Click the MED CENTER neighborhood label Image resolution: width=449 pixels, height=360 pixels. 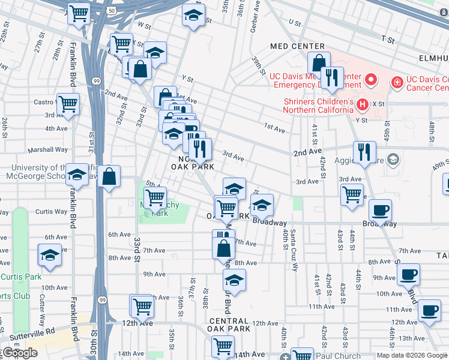coord(297,46)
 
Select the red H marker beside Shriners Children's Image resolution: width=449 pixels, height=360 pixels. coord(362,105)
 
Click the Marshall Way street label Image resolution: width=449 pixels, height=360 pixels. coord(52,150)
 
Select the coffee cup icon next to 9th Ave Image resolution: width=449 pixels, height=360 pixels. coord(408,274)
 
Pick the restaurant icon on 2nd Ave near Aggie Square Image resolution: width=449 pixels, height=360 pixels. coord(364,152)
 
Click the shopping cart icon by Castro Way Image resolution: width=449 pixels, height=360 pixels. coord(68,104)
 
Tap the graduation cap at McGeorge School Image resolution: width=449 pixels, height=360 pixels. coord(77,175)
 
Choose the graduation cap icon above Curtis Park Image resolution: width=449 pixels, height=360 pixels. coord(50,256)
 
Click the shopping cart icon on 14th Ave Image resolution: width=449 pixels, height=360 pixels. coord(223,346)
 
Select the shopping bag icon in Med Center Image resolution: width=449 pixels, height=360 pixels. coord(319,62)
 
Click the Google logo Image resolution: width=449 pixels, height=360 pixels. coord(20,353)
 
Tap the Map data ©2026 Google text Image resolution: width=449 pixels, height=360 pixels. coord(412,355)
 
